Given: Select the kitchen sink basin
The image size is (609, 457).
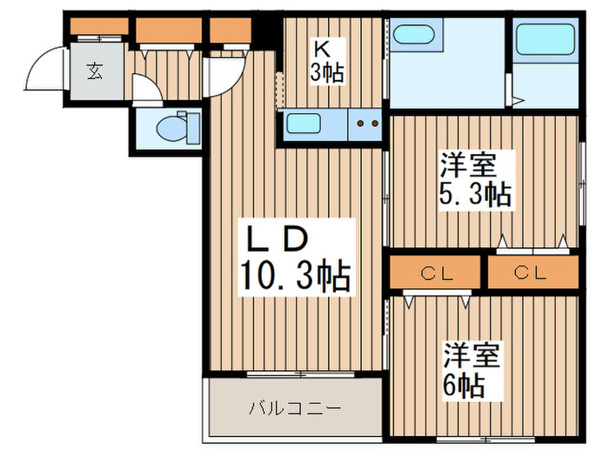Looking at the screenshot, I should pyautogui.click(x=305, y=124).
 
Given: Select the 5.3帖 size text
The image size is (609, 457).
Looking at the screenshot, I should pyautogui.click(x=475, y=193).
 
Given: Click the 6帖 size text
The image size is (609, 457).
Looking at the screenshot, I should pyautogui.click(x=464, y=384).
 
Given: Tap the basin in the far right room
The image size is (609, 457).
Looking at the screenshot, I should pyautogui.click(x=545, y=40).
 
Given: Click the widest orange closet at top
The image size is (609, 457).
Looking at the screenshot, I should pyautogui.click(x=169, y=30).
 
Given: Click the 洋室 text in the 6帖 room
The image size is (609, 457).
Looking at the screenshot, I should pyautogui.click(x=472, y=355).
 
